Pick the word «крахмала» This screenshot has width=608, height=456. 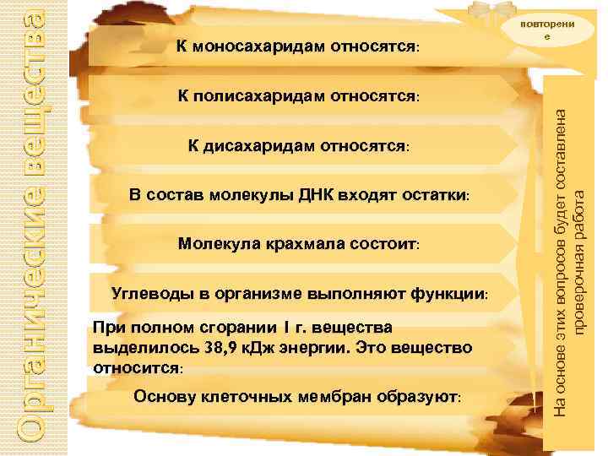tap(285, 244)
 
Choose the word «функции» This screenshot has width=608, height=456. tap(448, 294)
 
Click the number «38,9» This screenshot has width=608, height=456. tap(218, 347)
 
